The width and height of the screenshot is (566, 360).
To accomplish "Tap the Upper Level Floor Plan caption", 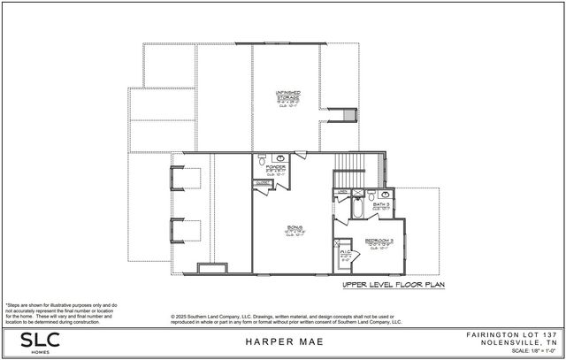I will click(394, 286).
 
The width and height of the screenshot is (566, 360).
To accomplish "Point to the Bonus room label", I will click(289, 229).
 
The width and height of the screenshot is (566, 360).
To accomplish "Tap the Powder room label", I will click(272, 169).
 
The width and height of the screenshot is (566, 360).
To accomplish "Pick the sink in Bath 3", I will click(371, 194).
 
